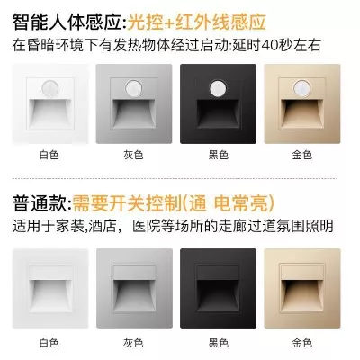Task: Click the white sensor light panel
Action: point(50,103)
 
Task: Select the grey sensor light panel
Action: point(134,103)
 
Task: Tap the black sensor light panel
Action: point(218,103)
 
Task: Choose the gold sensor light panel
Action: point(302,103)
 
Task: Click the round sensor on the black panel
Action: point(218,87)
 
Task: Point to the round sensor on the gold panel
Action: point(301,87)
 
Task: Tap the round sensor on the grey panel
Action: point(134,87)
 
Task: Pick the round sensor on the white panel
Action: point(49,87)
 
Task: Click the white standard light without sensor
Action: point(50,288)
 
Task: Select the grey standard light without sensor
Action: point(134,288)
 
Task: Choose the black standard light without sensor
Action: point(218,288)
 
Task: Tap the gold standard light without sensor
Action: point(302,288)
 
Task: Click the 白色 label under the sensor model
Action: point(49,155)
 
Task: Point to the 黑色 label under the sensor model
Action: point(219,155)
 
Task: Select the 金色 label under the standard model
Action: point(302,343)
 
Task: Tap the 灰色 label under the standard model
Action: point(133,343)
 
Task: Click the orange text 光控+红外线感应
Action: point(197,22)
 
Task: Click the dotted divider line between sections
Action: point(175,178)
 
